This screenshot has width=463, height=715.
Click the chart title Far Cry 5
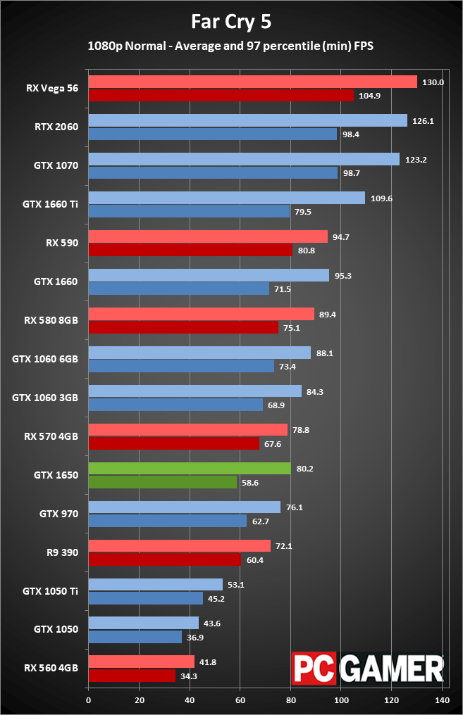point(231,22)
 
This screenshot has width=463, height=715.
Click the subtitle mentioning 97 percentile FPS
point(231,46)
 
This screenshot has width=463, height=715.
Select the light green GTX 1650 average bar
point(189,469)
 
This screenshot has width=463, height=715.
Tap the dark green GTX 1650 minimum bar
point(162,482)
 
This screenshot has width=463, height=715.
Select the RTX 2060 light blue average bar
point(247,120)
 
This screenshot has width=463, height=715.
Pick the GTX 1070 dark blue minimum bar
point(213,172)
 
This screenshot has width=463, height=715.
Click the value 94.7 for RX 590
point(341,237)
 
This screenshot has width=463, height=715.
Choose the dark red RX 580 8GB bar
point(183,327)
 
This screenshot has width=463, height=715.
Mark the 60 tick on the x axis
point(240,700)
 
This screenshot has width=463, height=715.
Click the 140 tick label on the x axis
point(443,700)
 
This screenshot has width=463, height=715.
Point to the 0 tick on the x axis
point(88,700)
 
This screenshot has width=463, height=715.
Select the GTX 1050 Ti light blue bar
point(155,585)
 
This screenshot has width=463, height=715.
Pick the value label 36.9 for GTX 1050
point(195,637)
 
